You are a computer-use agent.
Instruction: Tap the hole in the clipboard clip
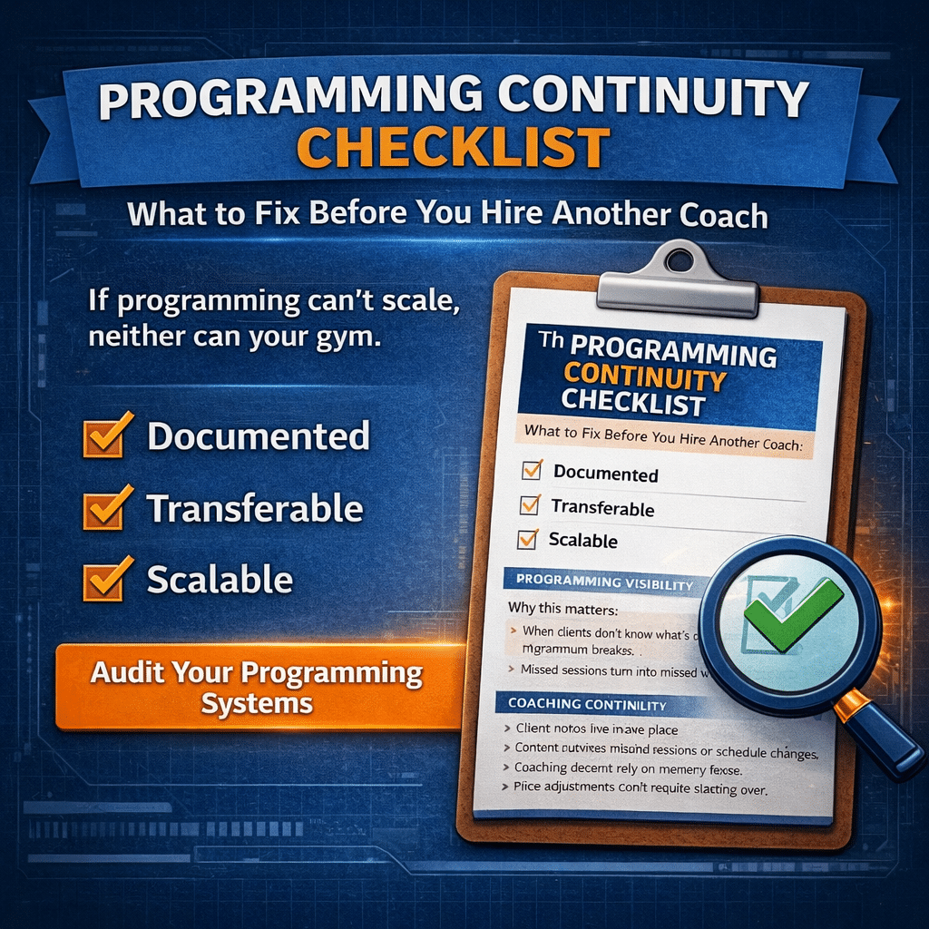(x=677, y=261)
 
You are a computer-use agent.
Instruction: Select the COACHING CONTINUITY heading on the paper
(x=588, y=704)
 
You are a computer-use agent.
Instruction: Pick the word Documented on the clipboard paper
(x=605, y=474)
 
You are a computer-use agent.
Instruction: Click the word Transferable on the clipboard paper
(x=602, y=508)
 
